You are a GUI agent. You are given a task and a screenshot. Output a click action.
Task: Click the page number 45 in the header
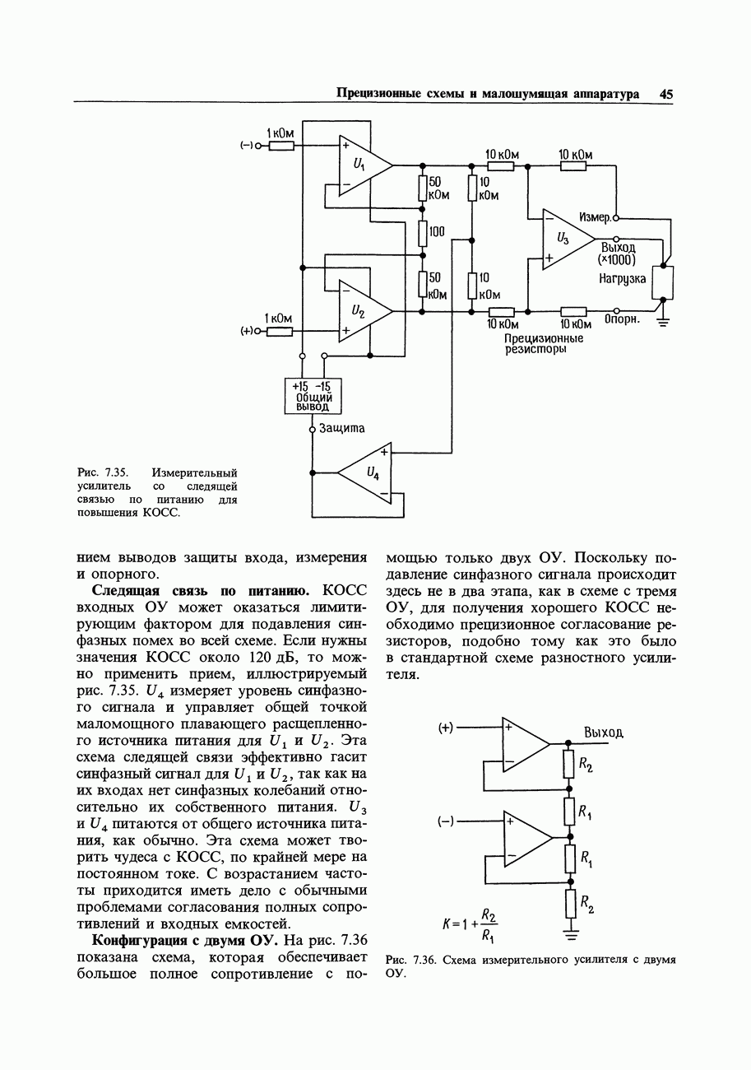coord(665,94)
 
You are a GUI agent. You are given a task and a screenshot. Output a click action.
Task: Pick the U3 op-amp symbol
coord(567,239)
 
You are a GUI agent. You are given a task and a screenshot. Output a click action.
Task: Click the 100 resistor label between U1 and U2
coord(436,232)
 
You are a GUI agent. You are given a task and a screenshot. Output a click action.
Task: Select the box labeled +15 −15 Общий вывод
coord(313,396)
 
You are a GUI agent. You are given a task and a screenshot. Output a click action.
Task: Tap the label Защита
coord(341,428)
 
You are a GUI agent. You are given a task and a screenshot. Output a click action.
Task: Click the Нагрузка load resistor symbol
coord(662,282)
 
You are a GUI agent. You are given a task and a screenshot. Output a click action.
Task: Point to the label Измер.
coord(595,217)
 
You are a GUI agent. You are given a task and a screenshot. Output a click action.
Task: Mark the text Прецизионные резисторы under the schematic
coord(544,344)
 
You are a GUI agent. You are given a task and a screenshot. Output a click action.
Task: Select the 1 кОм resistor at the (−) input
coord(281,147)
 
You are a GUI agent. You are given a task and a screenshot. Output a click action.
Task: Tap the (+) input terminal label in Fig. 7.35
coord(245,331)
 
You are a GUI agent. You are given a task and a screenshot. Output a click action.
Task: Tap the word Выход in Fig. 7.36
coord(604,733)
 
